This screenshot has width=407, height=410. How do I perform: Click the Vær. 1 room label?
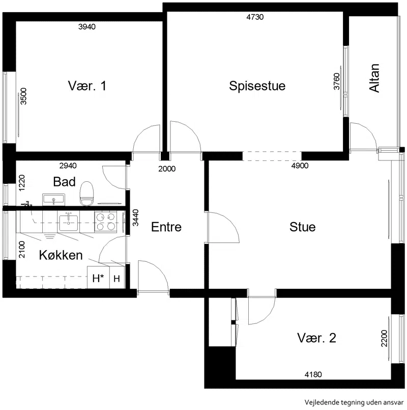(x=87, y=86)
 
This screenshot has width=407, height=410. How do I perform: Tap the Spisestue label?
(x=257, y=86)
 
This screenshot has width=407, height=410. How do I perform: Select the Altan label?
(x=374, y=78)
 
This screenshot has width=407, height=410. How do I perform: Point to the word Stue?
(x=302, y=227)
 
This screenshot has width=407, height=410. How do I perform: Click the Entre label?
(x=166, y=227)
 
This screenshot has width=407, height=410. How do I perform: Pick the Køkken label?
(x=61, y=255)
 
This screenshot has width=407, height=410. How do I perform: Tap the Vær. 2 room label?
(x=316, y=338)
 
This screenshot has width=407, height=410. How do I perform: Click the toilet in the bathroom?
(x=86, y=194)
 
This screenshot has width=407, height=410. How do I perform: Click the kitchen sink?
(x=69, y=223)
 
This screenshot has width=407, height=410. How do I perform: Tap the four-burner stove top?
(x=105, y=222)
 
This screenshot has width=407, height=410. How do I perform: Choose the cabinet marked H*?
(x=98, y=278)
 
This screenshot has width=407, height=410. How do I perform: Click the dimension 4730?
(x=255, y=17)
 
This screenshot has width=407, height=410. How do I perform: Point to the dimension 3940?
(x=87, y=26)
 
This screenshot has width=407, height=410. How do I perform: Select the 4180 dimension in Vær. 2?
(x=313, y=374)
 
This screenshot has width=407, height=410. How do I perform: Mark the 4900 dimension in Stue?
(x=300, y=166)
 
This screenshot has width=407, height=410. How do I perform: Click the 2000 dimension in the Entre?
(x=167, y=169)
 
